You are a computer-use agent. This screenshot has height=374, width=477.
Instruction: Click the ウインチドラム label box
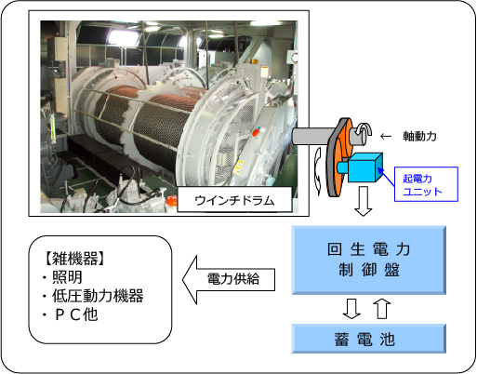click(234, 200)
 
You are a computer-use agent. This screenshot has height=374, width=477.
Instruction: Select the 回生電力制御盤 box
click(369, 260)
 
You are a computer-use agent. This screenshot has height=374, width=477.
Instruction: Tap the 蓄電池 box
click(369, 339)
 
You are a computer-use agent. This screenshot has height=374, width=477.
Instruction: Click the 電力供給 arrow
click(229, 280)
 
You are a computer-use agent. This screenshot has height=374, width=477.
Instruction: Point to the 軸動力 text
click(419, 136)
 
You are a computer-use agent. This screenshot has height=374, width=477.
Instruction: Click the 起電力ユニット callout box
click(426, 184)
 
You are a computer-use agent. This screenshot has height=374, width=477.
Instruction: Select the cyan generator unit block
click(362, 167)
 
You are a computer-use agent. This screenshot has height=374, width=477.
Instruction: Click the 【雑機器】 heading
click(74, 259)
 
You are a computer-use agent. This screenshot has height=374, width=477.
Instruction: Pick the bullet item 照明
click(67, 277)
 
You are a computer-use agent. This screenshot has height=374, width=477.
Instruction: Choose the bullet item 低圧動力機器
click(98, 296)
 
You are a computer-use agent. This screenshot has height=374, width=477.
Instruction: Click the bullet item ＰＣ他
click(76, 314)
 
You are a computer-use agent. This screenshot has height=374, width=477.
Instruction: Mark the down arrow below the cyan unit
click(363, 201)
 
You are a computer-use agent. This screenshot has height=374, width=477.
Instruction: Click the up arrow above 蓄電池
click(382, 309)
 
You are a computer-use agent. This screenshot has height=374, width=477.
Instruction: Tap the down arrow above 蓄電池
click(351, 309)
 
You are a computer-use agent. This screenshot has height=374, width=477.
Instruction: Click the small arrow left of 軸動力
click(386, 136)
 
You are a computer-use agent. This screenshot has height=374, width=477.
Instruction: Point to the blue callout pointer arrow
click(386, 177)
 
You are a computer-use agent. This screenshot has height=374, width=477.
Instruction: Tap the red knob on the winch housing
click(256, 132)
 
